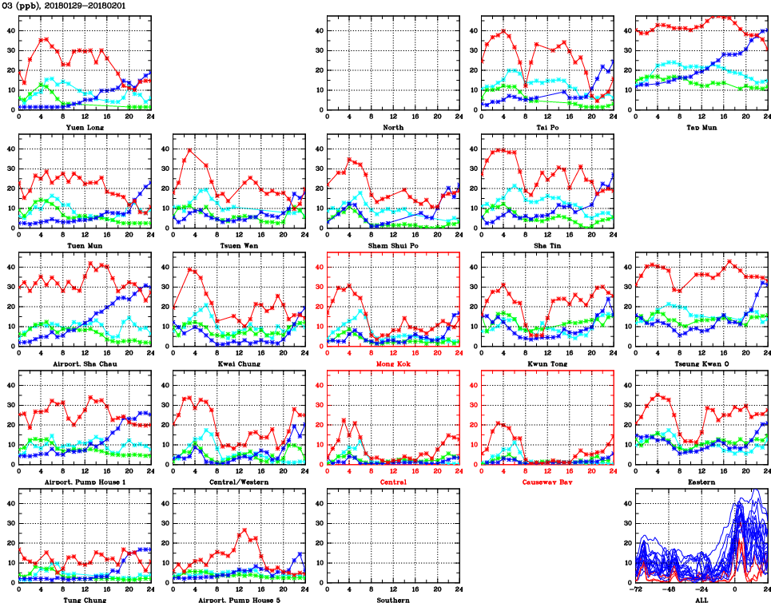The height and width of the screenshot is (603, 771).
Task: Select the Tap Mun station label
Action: tap(701, 127)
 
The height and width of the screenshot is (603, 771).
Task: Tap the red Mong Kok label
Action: tap(392, 363)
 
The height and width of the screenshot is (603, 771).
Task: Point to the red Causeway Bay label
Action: tap(546, 482)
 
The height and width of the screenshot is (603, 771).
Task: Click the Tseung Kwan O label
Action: tap(701, 363)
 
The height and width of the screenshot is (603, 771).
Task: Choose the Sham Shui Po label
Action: tap(392, 245)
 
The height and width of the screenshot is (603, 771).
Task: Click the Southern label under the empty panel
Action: tap(392, 599)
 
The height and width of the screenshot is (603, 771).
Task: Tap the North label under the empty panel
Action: tap(392, 127)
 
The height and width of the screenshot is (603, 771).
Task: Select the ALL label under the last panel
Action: tap(701, 599)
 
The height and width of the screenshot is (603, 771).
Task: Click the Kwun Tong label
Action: tap(546, 363)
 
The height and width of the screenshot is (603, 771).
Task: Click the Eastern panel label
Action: tap(701, 482)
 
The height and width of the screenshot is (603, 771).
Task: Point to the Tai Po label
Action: tap(546, 127)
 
